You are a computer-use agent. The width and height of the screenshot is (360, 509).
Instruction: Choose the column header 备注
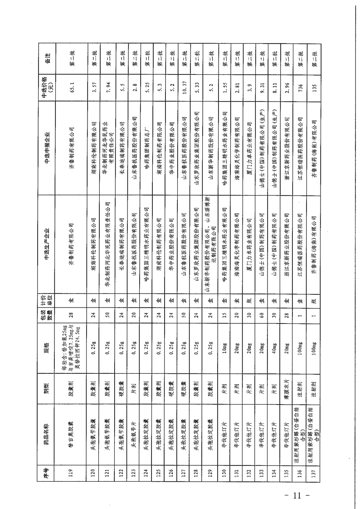47,58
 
